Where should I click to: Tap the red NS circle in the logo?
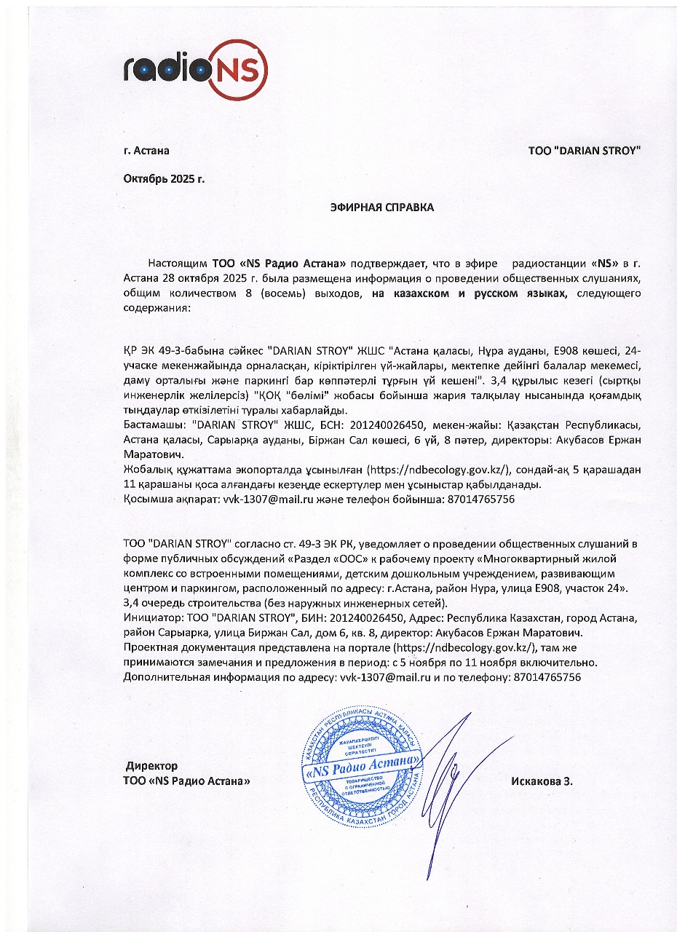pos(239,71)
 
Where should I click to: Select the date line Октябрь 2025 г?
pos(164,178)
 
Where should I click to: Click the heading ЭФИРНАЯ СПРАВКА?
pos(381,208)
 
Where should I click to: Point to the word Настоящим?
pos(178,262)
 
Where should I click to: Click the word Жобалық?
pos(145,470)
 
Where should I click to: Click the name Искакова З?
pos(542,781)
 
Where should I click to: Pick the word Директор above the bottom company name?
pos(152,766)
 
